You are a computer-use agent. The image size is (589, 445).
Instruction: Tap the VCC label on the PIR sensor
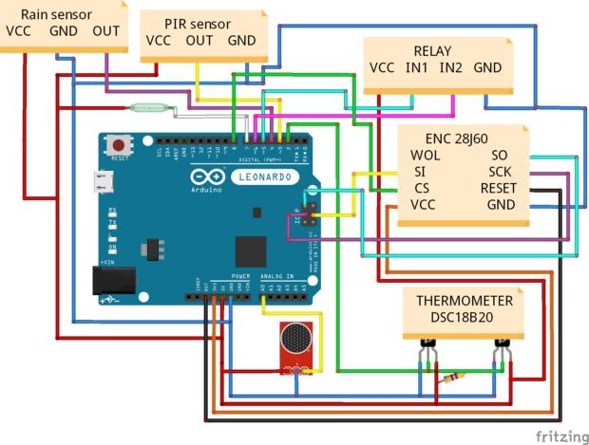tap(158, 41)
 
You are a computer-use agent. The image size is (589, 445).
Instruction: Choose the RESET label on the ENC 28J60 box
tap(497, 188)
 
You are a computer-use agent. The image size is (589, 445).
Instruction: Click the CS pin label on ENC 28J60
tap(421, 188)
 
